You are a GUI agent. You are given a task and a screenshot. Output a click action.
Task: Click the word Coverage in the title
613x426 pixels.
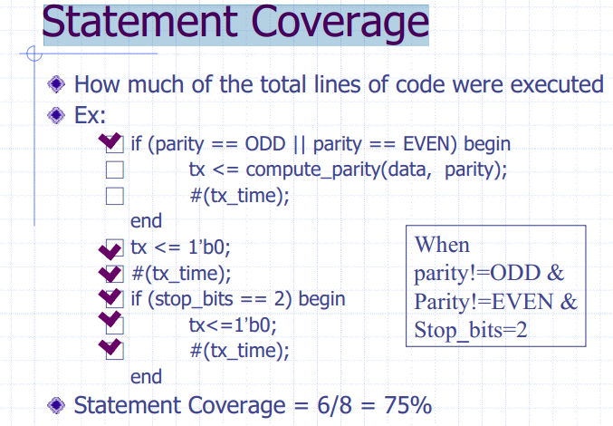pos(340,23)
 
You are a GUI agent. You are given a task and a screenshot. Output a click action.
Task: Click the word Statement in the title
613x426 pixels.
pos(140,22)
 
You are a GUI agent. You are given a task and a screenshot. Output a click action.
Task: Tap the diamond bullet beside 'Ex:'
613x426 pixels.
pos(56,115)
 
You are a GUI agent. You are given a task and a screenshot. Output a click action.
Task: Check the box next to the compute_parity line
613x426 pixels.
pos(115,169)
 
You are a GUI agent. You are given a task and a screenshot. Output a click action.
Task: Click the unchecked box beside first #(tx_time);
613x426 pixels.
pos(115,196)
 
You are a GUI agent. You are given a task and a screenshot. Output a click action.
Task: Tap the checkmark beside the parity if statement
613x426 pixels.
pos(110,141)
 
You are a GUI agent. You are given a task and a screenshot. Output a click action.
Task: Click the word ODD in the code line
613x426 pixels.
pos(265,144)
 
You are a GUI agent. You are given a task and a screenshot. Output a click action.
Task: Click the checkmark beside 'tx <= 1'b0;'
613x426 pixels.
pos(110,250)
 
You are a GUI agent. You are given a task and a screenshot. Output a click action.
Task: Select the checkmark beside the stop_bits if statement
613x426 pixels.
pos(110,297)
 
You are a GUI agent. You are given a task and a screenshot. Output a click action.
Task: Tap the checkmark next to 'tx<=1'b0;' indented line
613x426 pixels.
pos(110,319)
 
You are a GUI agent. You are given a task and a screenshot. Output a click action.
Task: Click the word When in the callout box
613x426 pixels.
pos(442,245)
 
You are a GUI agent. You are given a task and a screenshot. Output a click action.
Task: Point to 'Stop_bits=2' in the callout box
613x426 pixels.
pos(471,331)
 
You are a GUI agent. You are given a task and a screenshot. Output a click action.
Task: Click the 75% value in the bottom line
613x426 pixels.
pos(407,405)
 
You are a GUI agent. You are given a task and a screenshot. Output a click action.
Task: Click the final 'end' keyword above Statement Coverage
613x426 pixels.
pos(146,377)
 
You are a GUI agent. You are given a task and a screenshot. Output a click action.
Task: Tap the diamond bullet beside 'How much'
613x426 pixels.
pos(56,84)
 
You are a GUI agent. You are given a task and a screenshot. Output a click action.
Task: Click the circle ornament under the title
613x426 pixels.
pos(34,53)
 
